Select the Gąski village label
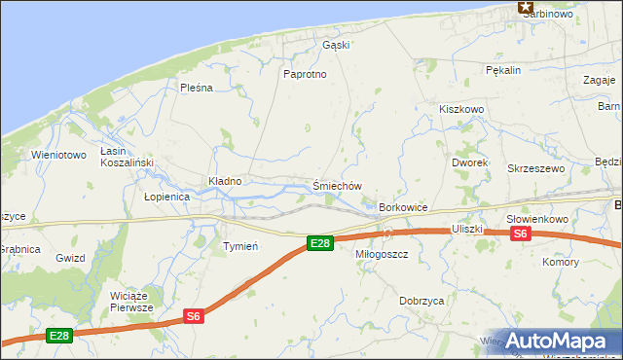click(335, 45)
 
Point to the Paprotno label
click(304, 74)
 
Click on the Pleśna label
click(196, 88)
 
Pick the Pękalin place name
click(504, 70)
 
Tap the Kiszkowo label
click(461, 110)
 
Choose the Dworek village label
click(469, 162)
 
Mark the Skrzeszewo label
click(536, 168)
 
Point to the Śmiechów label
click(338, 186)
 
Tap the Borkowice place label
click(404, 208)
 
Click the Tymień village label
click(240, 246)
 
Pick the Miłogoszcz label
click(382, 254)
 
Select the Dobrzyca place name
click(421, 302)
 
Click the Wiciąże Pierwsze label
click(132, 301)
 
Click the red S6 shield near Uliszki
click(520, 234)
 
